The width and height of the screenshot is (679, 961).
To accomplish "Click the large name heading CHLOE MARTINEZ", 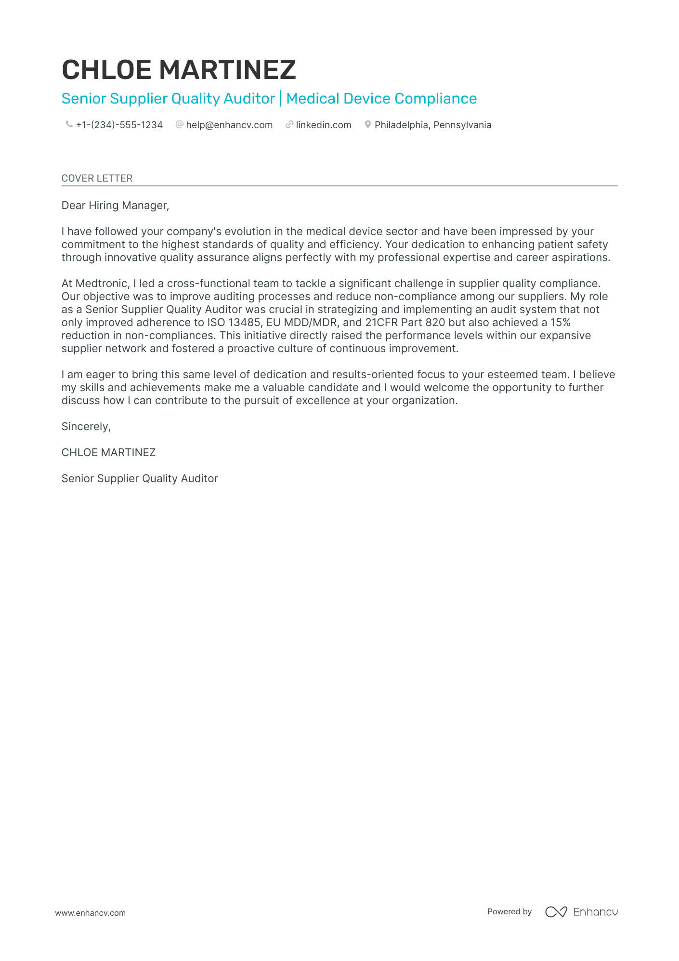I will click(179, 70).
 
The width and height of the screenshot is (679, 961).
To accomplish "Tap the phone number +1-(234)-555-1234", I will click(119, 125).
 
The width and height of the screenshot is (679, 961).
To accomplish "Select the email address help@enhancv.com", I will click(229, 125).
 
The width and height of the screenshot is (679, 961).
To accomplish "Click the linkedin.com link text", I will click(324, 125).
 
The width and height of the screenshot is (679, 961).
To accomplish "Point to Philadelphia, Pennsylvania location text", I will click(433, 125).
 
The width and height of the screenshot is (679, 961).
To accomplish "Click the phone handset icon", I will click(69, 125).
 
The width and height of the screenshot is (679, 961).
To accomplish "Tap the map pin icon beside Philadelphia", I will click(368, 125).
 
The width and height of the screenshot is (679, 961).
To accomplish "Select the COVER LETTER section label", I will click(97, 178).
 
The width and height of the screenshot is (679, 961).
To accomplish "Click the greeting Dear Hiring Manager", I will click(115, 206).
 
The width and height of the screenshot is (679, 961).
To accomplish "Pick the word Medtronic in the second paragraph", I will click(102, 284).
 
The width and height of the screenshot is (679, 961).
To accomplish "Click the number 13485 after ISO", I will click(244, 323).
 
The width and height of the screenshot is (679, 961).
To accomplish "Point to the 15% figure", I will click(561, 323).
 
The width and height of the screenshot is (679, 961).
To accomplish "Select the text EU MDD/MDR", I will click(301, 323).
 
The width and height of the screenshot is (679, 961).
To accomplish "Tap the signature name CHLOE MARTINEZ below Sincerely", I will click(108, 453).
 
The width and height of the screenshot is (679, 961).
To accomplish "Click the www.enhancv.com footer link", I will click(90, 913).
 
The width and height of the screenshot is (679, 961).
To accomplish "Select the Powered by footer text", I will click(509, 912).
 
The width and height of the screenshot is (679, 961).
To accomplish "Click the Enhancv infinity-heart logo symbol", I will click(556, 912).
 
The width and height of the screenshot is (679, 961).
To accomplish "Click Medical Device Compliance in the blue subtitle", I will click(381, 99).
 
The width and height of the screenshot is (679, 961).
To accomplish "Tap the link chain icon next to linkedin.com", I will click(289, 125).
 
